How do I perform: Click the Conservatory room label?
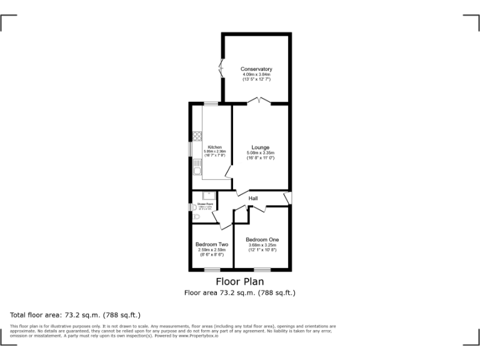256,69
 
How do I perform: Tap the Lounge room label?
260,147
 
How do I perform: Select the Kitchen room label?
214,147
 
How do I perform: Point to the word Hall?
253,199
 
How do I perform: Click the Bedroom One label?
262,239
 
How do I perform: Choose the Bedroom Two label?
211,244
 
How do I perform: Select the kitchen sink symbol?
196,167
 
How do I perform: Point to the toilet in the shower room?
196,216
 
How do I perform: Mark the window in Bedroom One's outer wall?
262,269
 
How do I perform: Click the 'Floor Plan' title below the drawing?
240,282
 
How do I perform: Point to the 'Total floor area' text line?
75,314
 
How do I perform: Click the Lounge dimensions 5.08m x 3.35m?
260,153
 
